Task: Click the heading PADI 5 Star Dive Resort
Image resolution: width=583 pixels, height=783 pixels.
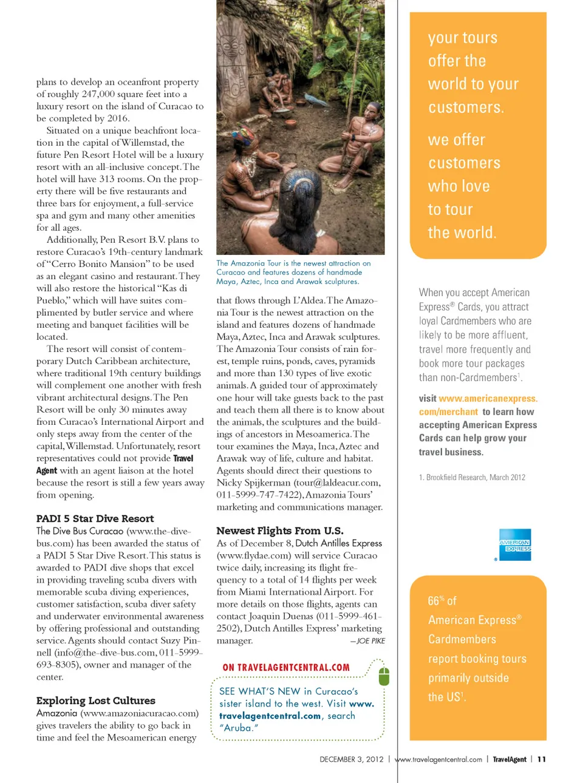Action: point(95,518)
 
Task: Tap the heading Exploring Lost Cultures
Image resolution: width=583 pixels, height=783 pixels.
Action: point(95,700)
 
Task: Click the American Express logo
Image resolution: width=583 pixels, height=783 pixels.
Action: point(514,545)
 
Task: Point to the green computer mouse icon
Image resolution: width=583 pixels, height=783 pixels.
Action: point(384,676)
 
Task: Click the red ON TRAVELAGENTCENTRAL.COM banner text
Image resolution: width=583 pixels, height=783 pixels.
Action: point(286,668)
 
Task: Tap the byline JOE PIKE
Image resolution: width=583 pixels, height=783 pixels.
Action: point(370,641)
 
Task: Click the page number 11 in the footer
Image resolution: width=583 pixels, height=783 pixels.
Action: point(542,759)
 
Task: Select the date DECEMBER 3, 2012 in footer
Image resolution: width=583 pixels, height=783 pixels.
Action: point(351,759)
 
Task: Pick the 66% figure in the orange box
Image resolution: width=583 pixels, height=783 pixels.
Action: point(436,600)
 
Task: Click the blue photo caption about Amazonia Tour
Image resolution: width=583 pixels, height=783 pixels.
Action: point(293,272)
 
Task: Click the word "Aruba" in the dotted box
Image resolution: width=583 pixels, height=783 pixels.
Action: point(239,728)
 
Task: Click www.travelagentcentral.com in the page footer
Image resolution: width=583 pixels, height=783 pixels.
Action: point(438,759)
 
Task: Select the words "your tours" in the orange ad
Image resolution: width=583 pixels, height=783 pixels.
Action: point(462,38)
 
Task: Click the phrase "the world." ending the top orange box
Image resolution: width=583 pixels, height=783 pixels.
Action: point(462,232)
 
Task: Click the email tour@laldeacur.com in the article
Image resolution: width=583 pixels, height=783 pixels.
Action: point(337,483)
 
